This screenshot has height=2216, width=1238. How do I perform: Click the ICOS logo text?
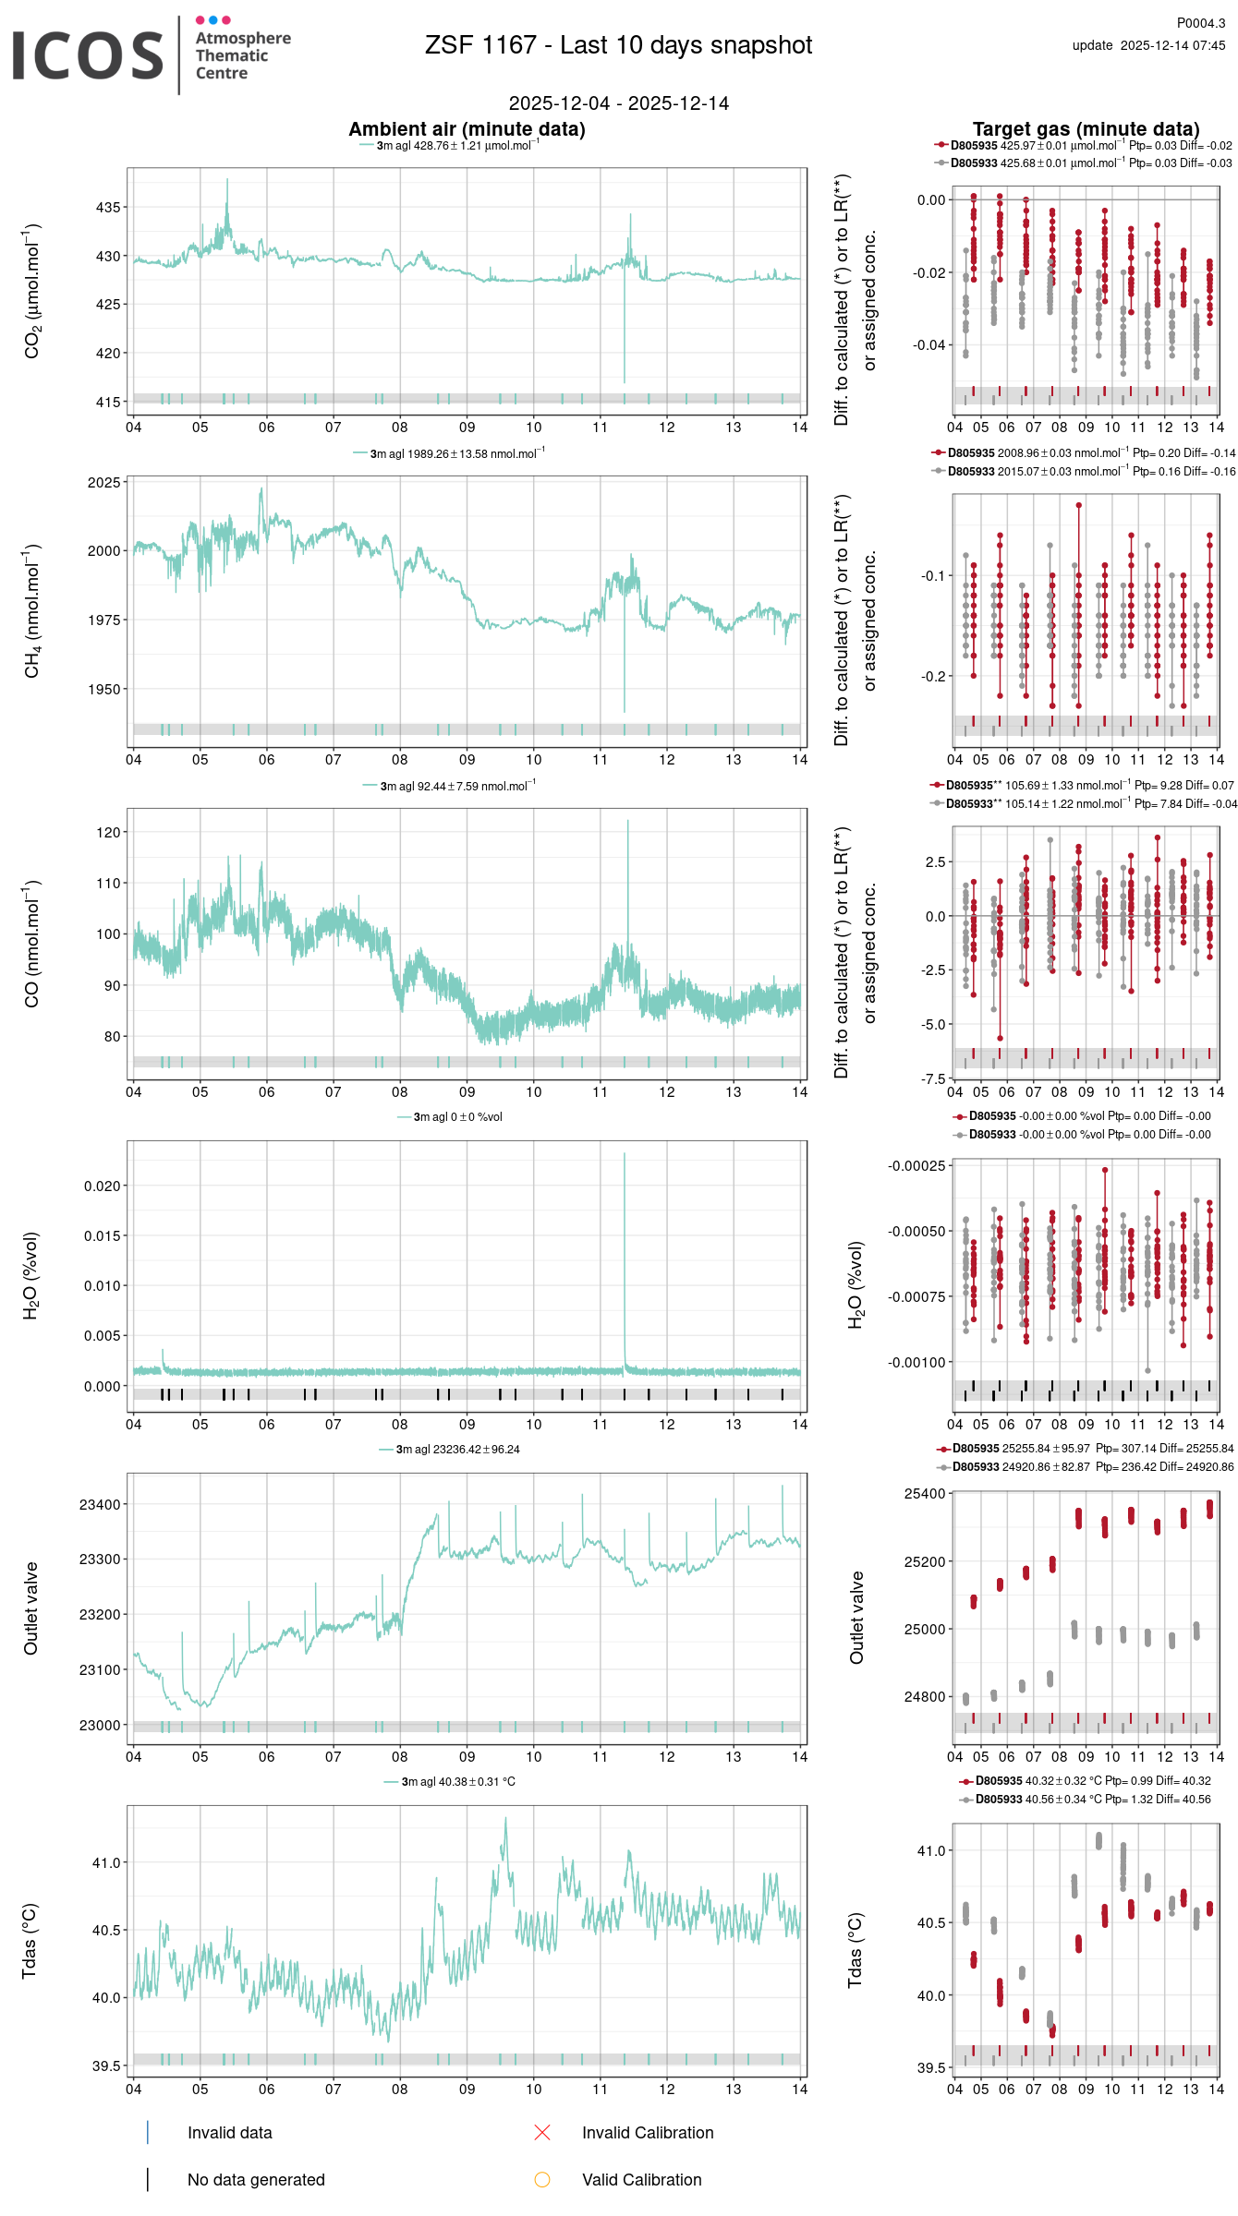88,55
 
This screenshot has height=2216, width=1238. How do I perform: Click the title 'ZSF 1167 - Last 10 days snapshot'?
618,45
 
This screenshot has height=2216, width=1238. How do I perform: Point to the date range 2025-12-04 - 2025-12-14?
618,103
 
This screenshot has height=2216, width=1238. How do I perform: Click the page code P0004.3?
1200,23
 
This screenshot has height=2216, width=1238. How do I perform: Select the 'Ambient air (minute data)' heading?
467,129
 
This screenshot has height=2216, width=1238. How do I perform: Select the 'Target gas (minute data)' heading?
1086,129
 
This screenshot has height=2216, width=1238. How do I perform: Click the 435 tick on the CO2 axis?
108,208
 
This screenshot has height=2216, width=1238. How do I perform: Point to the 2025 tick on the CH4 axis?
104,483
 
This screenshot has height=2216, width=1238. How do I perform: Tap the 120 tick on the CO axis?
108,833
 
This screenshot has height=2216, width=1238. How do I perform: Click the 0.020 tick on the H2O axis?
102,1186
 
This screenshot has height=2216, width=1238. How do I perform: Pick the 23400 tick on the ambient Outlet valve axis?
100,1505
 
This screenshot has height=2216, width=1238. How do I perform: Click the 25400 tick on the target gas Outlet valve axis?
925,1494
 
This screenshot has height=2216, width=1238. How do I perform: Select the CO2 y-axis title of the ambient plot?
32,291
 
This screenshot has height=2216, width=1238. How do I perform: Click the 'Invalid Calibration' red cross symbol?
542,2132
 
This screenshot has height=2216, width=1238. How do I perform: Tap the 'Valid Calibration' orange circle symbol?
542,2179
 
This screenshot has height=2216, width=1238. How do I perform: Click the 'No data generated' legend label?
256,2179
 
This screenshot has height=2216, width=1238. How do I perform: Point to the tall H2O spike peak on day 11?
625,1154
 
